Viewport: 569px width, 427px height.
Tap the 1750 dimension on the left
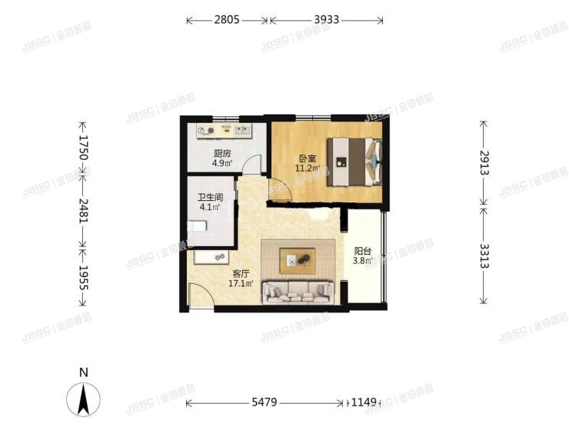(84, 148)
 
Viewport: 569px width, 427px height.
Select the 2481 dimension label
(84, 208)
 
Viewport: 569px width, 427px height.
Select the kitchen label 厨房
(222, 152)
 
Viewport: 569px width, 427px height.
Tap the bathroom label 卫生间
(210, 196)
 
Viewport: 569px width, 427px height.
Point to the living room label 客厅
(241, 273)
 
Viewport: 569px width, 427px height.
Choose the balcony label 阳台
(363, 251)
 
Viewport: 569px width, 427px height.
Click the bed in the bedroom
(354, 162)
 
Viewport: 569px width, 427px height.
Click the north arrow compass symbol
(85, 398)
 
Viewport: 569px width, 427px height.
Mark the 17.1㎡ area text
(241, 283)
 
